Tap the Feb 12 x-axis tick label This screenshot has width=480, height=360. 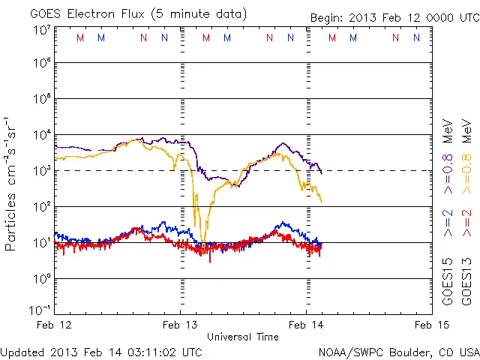tap(55, 325)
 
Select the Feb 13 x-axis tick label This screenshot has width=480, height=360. tap(181, 325)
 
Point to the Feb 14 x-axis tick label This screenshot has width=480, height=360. tap(306, 325)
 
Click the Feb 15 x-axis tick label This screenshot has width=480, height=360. tap(431, 325)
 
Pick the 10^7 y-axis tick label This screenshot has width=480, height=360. tap(41, 31)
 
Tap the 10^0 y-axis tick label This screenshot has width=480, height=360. tap(41, 279)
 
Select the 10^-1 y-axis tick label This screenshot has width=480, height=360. tap(40, 310)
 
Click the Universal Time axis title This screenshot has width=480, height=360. tap(243, 337)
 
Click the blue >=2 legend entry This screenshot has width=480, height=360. tap(448, 223)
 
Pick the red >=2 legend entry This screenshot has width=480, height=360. tap(466, 223)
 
